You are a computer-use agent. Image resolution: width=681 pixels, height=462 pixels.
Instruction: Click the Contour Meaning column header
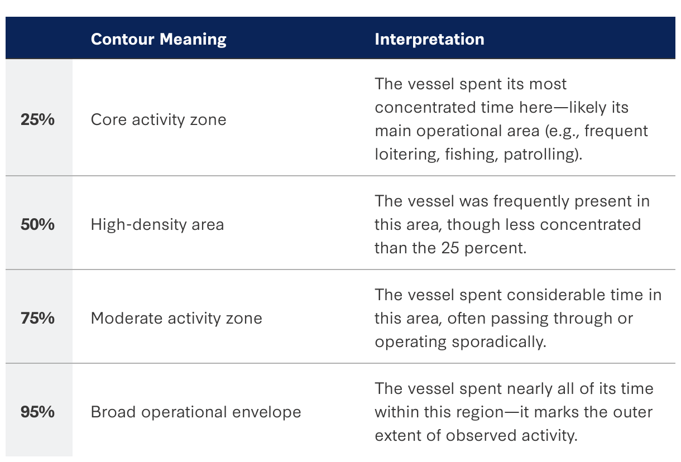coord(159,40)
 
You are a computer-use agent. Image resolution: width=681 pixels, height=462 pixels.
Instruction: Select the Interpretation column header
coord(429,40)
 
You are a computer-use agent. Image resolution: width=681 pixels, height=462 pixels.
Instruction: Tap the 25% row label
coord(37,119)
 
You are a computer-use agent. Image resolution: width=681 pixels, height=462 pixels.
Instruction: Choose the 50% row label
coord(37,225)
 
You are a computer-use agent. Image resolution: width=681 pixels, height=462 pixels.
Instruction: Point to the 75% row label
coord(37,318)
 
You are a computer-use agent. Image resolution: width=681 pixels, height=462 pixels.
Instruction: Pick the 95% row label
coord(37,412)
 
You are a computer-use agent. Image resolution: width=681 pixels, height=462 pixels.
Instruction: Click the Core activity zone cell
coord(159,119)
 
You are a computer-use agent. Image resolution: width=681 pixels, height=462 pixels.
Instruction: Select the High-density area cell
coord(157,225)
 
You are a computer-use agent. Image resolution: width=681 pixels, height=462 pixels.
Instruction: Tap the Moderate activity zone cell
coord(176,319)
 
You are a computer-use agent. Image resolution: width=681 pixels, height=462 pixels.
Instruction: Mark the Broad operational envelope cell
coord(196,412)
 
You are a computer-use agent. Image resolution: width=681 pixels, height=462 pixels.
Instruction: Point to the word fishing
coord(472,155)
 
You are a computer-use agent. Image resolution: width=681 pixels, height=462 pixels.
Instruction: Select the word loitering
coord(407,155)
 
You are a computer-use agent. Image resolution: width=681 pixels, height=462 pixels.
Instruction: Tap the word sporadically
coord(499,342)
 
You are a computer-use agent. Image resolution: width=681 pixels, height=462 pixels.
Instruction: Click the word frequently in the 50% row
coord(531,202)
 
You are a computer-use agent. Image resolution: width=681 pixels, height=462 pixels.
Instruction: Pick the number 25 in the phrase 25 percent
coord(450,248)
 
